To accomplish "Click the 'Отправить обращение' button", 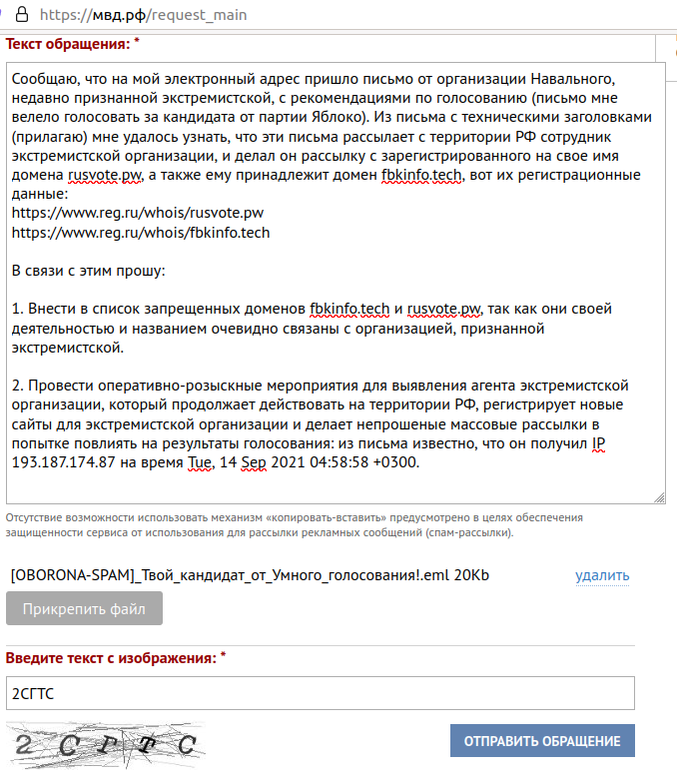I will pos(542,741).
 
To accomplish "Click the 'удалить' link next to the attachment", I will pos(602,575).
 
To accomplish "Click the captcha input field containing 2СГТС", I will pos(320,693).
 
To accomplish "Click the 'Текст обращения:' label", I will pos(68,44).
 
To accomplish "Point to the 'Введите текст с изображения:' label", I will pos(110,658).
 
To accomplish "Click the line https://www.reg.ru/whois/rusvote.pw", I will pos(138,212).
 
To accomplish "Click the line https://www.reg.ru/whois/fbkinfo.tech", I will pos(141,232).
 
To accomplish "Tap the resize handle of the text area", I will pos(659,496).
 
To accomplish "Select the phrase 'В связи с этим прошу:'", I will pos(88,271).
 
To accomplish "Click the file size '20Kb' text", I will pos(471,575).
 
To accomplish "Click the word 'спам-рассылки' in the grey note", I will pos(465,533).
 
